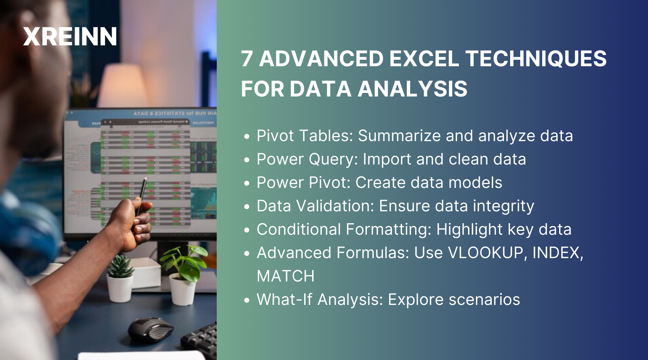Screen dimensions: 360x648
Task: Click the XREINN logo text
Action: [70, 37]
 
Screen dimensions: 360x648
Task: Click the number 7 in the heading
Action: [247, 59]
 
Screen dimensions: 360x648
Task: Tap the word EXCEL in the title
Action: [424, 59]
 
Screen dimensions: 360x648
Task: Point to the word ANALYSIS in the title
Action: [413, 89]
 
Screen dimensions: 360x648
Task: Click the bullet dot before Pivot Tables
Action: [247, 137]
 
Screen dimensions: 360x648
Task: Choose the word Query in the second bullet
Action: [333, 159]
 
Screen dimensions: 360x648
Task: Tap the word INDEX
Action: [557, 253]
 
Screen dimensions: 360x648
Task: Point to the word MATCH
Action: [285, 276]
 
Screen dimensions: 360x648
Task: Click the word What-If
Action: [284, 300]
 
